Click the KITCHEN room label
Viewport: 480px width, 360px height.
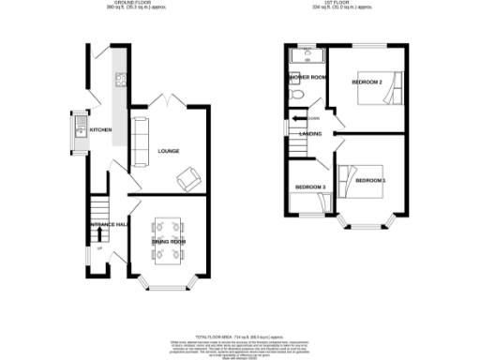pyautogui.click(x=100, y=130)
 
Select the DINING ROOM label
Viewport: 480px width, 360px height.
pyautogui.click(x=169, y=242)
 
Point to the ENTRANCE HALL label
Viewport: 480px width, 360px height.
pyautogui.click(x=108, y=225)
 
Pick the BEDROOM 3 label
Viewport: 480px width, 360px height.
pyautogui.click(x=310, y=187)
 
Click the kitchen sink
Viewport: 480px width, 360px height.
pyautogui.click(x=81, y=125)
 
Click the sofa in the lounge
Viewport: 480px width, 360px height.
pyautogui.click(x=141, y=141)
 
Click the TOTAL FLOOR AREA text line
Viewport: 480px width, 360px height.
pyautogui.click(x=239, y=335)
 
